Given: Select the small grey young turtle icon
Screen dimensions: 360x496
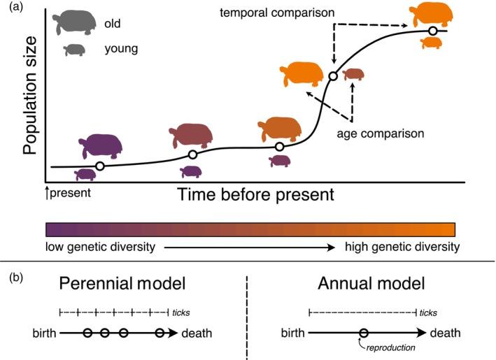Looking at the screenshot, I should [74, 50].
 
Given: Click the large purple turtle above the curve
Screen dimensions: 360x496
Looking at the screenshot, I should [101, 145].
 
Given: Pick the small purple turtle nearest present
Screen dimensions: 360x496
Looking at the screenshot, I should [85, 174].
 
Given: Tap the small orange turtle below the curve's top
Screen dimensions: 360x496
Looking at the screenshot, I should [430, 43].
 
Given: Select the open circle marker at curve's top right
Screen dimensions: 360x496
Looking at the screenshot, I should [433, 31].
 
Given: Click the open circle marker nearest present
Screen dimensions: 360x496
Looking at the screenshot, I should [100, 166].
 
